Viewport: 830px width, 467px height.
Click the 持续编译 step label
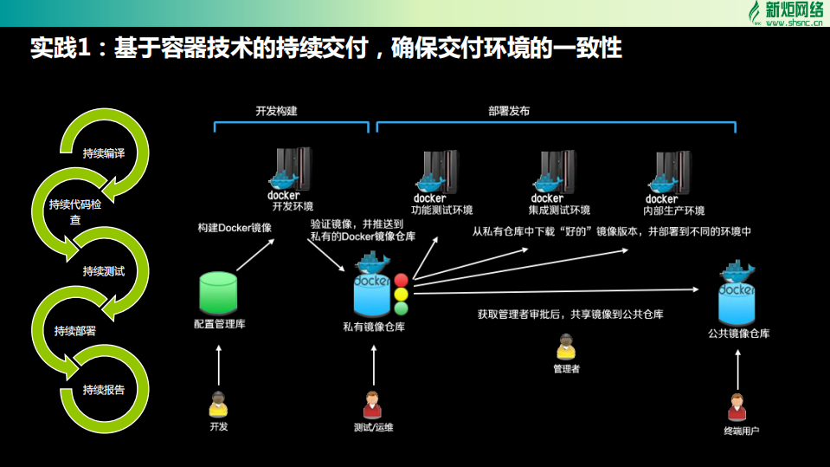pyautogui.click(x=104, y=153)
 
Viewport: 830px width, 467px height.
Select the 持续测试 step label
pyautogui.click(x=104, y=271)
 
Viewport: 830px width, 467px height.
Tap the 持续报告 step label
pyautogui.click(x=104, y=389)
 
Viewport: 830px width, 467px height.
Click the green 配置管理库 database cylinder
pyautogui.click(x=218, y=294)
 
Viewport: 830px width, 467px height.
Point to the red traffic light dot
pyautogui.click(x=401, y=281)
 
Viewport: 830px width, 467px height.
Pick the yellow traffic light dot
pyautogui.click(x=401, y=295)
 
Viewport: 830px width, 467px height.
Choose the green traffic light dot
pyautogui.click(x=401, y=308)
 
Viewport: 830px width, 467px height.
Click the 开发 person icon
pyautogui.click(x=218, y=405)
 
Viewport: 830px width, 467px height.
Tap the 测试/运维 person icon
pyautogui.click(x=373, y=405)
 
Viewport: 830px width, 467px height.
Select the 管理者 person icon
pyautogui.click(x=566, y=347)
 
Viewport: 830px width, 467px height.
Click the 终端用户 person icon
pyautogui.click(x=737, y=405)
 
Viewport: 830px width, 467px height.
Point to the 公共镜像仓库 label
pyautogui.click(x=738, y=333)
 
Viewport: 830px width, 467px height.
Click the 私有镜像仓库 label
pyautogui.click(x=374, y=328)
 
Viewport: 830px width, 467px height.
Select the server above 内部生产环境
pyautogui.click(x=674, y=169)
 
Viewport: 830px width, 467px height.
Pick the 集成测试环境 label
pyautogui.click(x=559, y=211)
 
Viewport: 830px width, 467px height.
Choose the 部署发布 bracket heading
pyautogui.click(x=509, y=112)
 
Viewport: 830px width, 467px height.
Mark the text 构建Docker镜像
pyautogui.click(x=235, y=228)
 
